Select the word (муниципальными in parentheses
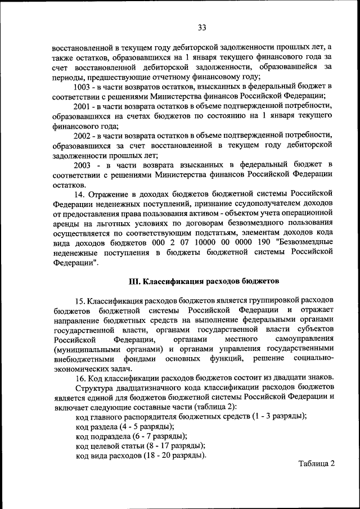pos(84,350)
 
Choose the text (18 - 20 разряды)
pos(175,456)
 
